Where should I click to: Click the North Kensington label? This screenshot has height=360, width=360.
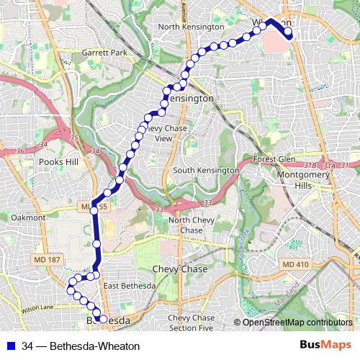tap(191, 27)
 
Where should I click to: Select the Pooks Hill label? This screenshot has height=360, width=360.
tap(59, 162)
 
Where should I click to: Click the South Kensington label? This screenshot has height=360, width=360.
tap(205, 170)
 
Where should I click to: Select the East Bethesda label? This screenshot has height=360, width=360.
tap(129, 286)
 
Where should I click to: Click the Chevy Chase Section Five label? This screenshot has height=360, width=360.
tap(191, 323)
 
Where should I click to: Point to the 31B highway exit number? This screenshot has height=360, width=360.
tap(310, 166)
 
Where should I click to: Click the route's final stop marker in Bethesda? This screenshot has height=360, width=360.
tap(102, 319)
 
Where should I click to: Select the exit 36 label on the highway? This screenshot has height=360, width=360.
tap(21, 150)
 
